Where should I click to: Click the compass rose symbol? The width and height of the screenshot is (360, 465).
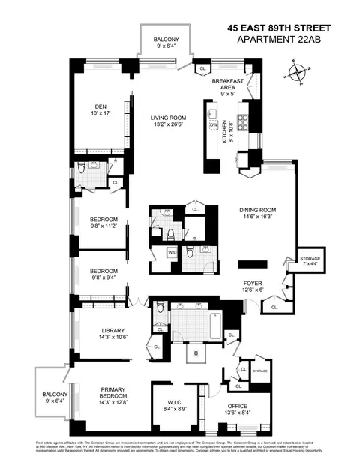click(298, 73)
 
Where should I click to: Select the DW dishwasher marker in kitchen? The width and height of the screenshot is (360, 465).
click(213, 124)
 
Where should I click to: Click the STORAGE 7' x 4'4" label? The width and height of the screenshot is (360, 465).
click(309, 260)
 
